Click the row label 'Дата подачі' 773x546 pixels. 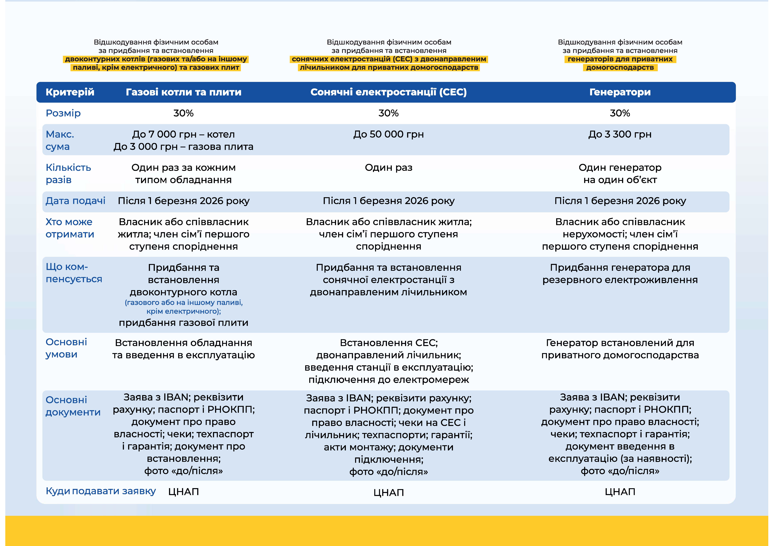coord(75,201)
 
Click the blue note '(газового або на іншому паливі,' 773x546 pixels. coord(183,302)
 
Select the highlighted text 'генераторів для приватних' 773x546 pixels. coord(620,59)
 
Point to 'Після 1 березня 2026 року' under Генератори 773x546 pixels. coord(620,201)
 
